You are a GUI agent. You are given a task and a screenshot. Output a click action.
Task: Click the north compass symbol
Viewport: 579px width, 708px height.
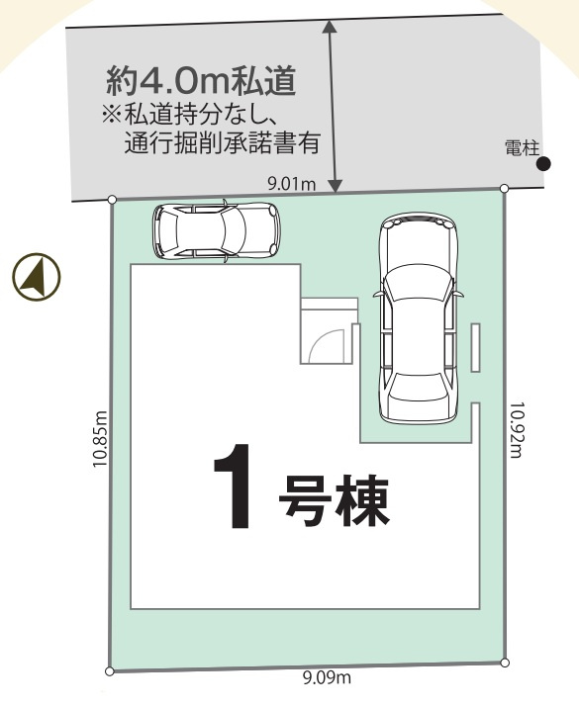tap(37, 277)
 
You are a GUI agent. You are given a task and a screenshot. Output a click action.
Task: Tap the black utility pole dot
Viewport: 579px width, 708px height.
tap(543, 164)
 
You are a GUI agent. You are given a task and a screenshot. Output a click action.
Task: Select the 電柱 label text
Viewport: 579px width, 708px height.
tap(522, 148)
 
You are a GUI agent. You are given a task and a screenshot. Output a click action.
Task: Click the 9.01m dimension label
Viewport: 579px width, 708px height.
tap(292, 184)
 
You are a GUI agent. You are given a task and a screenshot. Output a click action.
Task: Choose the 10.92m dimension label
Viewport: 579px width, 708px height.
tap(516, 430)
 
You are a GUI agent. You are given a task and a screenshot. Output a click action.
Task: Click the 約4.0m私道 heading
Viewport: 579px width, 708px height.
tap(201, 81)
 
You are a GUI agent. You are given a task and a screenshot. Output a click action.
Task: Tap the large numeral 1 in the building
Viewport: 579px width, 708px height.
tap(235, 487)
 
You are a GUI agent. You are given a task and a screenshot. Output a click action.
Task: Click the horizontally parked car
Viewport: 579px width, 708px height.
tap(217, 229)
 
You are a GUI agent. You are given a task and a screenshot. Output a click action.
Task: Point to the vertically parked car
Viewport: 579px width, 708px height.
tap(418, 317)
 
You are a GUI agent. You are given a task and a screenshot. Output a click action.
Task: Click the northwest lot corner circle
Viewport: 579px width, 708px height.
tap(112, 200)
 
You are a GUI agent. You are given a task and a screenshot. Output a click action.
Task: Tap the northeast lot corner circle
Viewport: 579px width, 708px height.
tap(505, 188)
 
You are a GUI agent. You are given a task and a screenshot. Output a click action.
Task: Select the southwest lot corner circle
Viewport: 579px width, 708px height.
tap(109, 671)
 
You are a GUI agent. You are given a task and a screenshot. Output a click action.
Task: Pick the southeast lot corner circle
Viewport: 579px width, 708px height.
tap(505, 663)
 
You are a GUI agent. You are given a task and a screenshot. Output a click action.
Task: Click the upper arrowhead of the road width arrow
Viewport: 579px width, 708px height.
tap(331, 26)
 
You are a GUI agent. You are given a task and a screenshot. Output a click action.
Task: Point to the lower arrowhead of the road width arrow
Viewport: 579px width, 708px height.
tap(335, 186)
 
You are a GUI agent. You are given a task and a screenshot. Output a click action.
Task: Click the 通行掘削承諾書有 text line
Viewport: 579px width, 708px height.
tap(223, 142)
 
